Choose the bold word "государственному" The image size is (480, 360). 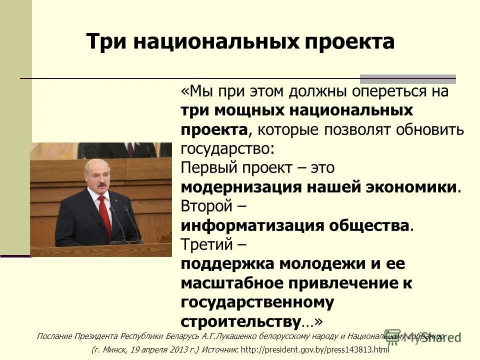pos(257,301)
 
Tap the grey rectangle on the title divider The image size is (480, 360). pos(408,78)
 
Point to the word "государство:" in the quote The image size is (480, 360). pos(227,148)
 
